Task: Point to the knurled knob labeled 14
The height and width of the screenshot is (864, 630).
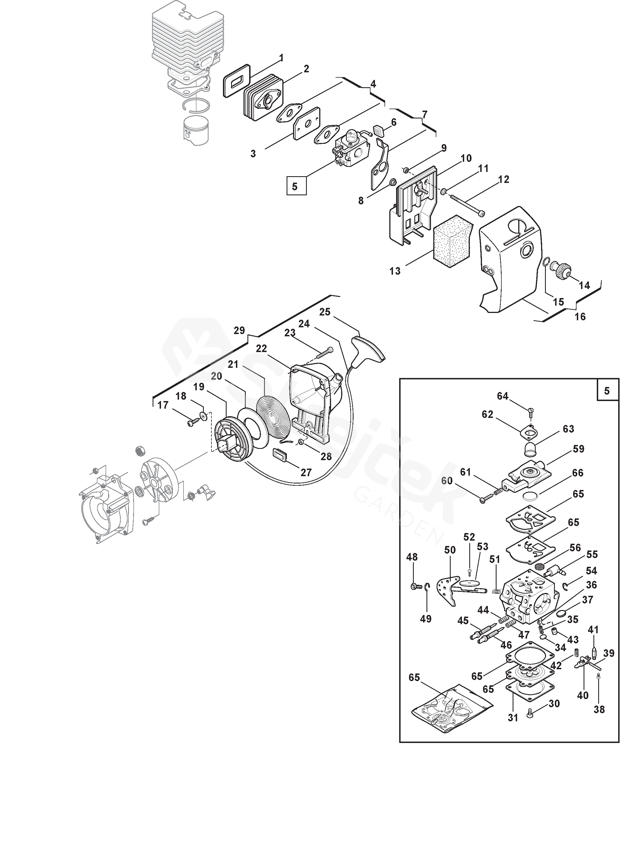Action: pos(561,269)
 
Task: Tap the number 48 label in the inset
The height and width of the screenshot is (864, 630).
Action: pos(412,557)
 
